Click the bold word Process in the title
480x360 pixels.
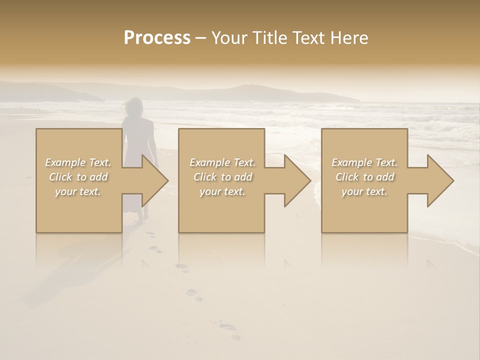[157, 37]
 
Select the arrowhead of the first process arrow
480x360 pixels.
[154, 180]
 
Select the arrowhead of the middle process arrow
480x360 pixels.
[297, 180]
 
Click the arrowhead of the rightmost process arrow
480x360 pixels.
[440, 180]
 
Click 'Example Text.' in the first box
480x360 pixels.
[78, 162]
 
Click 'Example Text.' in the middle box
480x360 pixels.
[222, 162]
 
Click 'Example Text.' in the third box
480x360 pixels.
[364, 162]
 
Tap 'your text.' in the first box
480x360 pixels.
[78, 191]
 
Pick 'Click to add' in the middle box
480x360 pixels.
[222, 177]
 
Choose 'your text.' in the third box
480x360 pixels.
[364, 191]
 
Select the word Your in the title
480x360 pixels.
[228, 37]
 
